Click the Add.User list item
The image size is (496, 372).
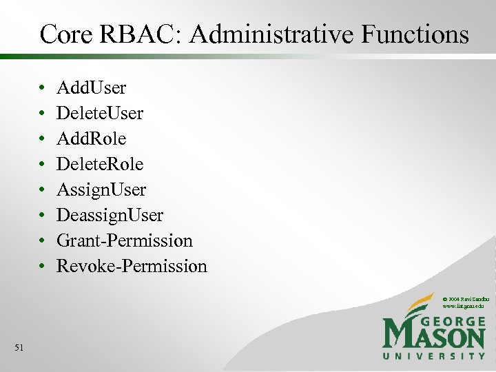[91, 88]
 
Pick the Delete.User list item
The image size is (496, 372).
[100, 114]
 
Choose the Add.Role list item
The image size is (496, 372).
[91, 139]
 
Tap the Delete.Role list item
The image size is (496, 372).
[100, 165]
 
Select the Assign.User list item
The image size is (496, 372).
[101, 190]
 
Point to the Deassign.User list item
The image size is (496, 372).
[110, 216]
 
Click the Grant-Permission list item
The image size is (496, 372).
[125, 241]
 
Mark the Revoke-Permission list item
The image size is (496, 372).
[132, 267]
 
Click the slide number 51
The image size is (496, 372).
[19, 348]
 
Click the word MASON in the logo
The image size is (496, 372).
[434, 338]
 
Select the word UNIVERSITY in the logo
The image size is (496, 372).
[434, 356]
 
